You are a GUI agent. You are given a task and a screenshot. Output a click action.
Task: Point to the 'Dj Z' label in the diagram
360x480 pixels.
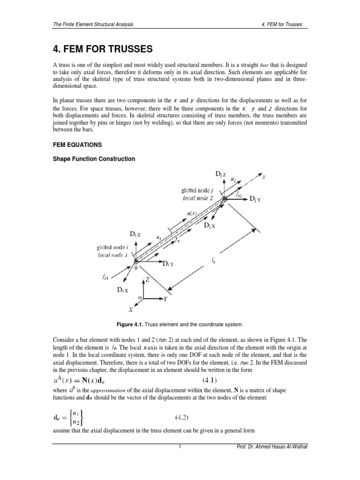221,174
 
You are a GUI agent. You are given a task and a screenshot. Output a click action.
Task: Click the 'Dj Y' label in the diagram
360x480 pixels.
255,200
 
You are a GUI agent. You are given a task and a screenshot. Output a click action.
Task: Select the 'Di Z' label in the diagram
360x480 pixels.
135,234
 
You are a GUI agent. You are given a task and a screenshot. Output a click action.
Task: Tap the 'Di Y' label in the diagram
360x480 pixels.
168,264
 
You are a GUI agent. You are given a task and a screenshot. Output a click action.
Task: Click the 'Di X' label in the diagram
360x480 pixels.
123,291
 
